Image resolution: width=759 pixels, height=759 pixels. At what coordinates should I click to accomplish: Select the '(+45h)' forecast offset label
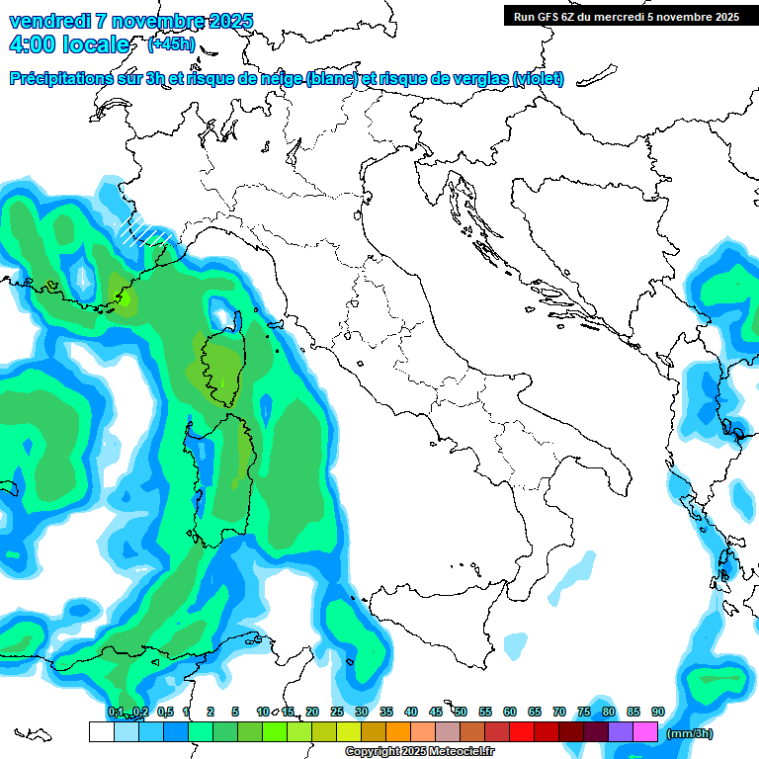click(171, 44)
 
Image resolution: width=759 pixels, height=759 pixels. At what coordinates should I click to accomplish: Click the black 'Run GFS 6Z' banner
click(626, 16)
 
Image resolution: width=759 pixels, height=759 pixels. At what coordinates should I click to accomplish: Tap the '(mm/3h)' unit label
click(690, 733)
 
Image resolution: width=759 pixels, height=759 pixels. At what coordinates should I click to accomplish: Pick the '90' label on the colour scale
click(658, 713)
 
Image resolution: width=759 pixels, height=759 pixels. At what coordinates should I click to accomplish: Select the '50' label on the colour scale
click(461, 713)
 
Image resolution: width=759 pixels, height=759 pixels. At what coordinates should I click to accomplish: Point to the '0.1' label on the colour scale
click(116, 713)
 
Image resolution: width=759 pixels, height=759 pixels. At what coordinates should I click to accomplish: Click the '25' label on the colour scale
click(337, 713)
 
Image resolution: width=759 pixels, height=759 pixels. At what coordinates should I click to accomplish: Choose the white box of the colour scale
click(101, 732)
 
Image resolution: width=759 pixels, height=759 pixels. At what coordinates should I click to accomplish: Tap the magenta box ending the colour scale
click(644, 732)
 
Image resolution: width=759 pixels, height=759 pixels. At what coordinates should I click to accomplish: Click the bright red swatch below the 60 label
click(521, 732)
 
